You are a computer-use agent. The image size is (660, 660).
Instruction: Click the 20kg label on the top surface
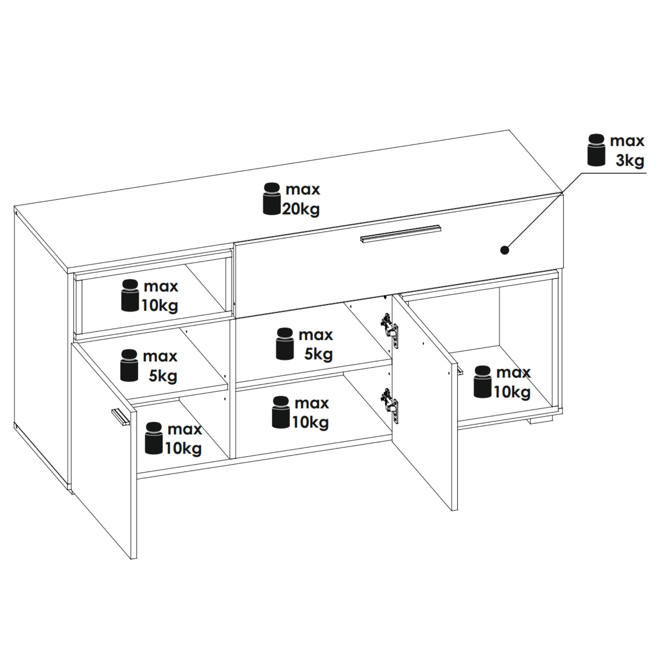tap(301, 209)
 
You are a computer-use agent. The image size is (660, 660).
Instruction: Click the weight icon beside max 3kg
tap(596, 150)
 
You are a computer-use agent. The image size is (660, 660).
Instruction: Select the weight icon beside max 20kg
tap(272, 199)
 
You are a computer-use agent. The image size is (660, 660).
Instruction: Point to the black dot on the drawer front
tap(505, 250)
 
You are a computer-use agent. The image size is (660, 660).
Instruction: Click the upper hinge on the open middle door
tap(389, 330)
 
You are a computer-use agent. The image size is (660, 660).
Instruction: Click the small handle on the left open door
tap(121, 417)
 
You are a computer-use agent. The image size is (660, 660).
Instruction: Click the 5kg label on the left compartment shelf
tap(163, 376)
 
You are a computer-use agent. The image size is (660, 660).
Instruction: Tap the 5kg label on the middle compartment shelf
tap(318, 354)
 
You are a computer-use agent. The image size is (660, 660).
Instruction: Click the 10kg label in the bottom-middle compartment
tap(311, 422)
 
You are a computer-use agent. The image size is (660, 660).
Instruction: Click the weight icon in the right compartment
tap(482, 382)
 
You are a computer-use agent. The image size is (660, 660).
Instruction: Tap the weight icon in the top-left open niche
tap(130, 295)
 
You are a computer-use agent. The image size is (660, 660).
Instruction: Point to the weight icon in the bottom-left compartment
tap(154, 438)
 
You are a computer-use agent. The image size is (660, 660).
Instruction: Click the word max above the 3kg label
tap(627, 141)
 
